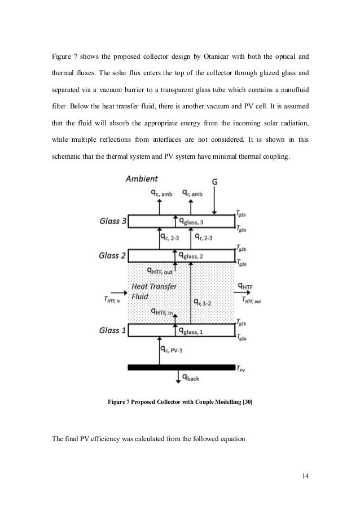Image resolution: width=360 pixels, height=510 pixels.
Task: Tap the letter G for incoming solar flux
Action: [x=214, y=181]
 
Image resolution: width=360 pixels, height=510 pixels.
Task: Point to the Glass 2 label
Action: [x=112, y=255]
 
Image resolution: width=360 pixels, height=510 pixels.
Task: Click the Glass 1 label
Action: [x=112, y=330]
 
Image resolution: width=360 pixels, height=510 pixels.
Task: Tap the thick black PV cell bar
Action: [x=181, y=367]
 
